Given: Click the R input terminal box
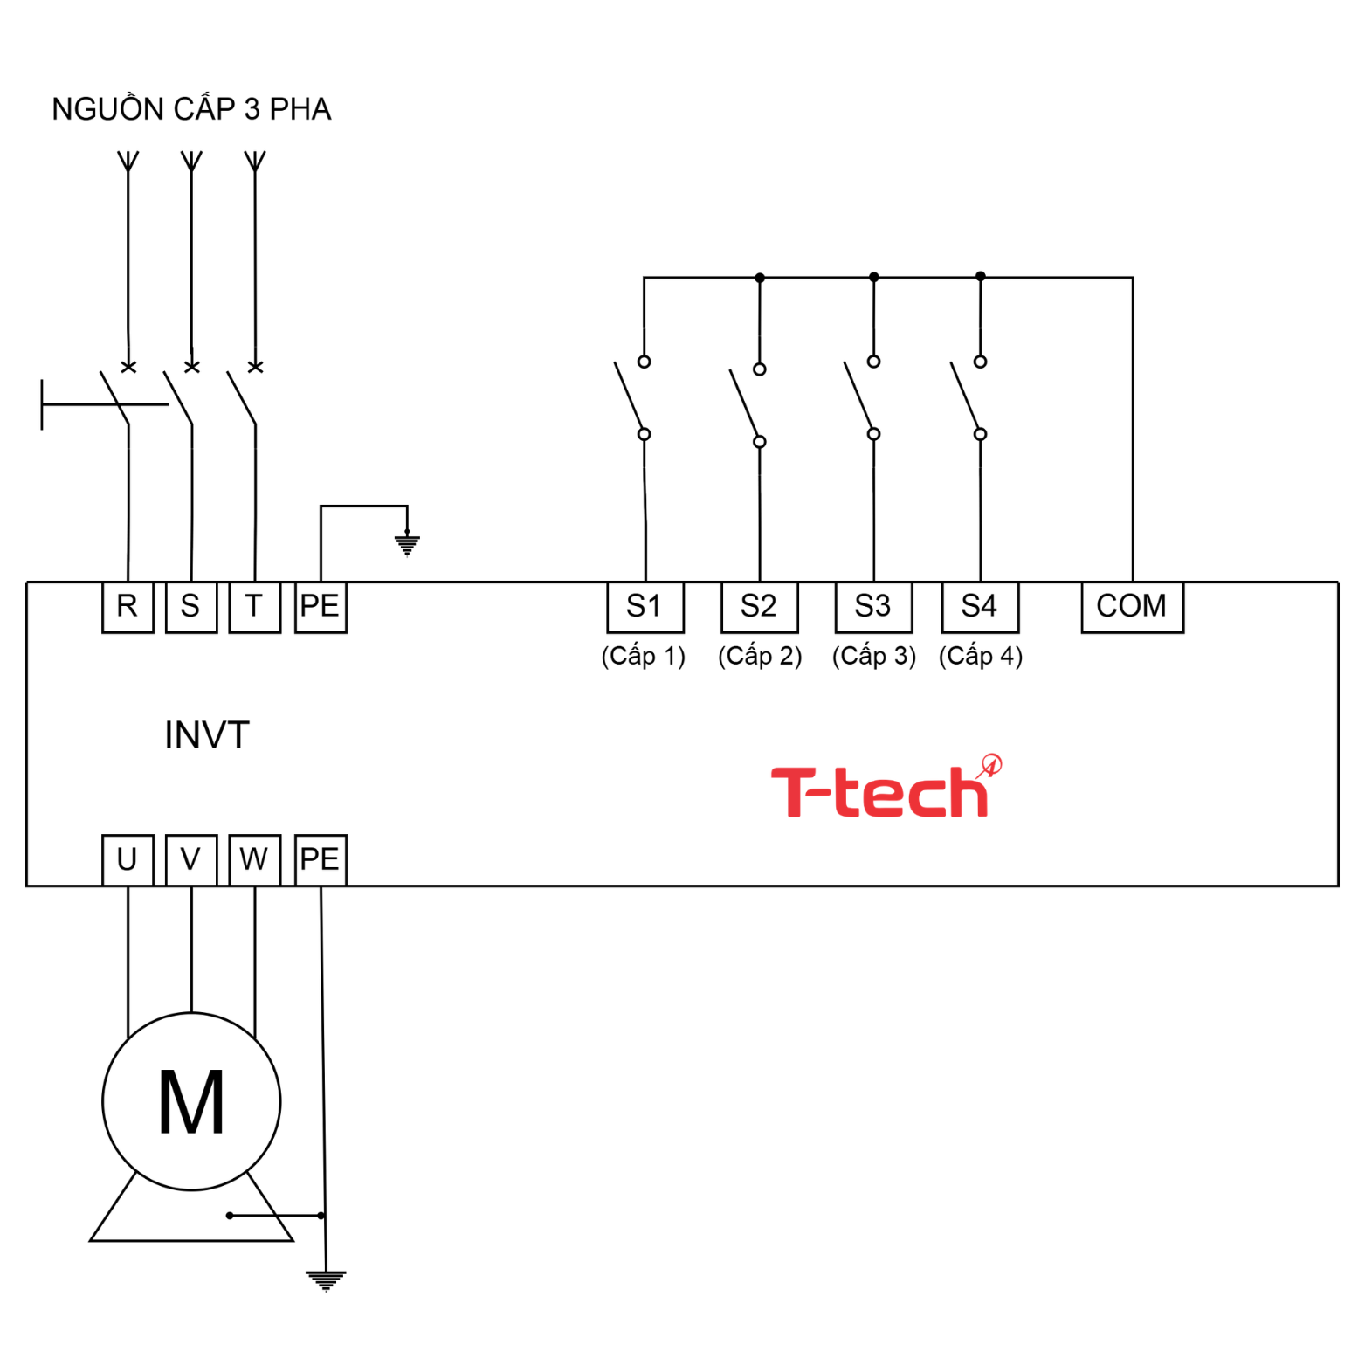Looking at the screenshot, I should (x=128, y=607).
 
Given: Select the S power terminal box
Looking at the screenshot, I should (x=190, y=607).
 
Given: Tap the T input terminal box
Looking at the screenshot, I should (x=254, y=607).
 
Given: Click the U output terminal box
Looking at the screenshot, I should (x=128, y=859).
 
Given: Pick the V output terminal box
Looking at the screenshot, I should (x=190, y=859).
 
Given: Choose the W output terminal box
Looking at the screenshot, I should (x=254, y=859).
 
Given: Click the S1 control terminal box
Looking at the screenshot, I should (x=645, y=607).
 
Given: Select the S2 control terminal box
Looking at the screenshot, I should (x=759, y=607).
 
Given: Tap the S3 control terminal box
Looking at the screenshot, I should (x=873, y=607).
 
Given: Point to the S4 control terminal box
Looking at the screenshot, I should (x=980, y=607).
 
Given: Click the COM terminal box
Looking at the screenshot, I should (x=1132, y=607).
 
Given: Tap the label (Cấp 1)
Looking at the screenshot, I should (x=644, y=656).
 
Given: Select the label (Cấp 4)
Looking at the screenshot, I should (x=980, y=656).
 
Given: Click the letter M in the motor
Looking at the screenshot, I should (x=191, y=1102).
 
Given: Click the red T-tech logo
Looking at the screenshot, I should (x=884, y=789).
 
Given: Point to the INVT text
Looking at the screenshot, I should (x=207, y=735).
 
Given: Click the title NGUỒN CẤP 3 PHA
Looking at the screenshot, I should (x=191, y=109).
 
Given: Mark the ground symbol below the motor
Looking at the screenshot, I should (x=326, y=1280).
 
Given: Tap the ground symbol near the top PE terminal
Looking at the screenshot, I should (x=407, y=545).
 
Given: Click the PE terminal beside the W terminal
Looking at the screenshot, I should (x=320, y=859).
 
